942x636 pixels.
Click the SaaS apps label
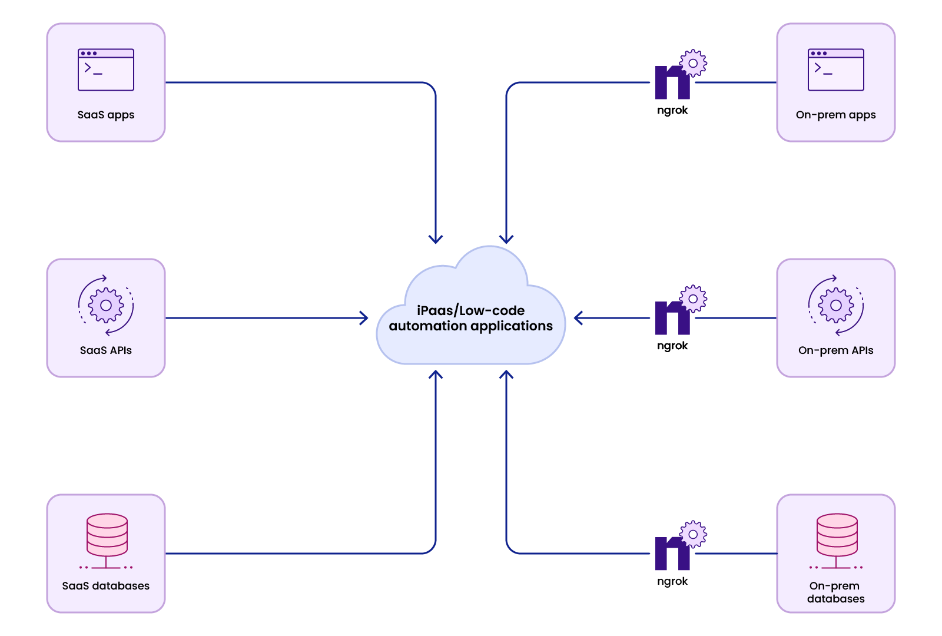click(x=106, y=115)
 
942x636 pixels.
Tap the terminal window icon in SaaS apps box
click(x=106, y=69)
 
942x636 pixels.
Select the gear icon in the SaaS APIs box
click(x=106, y=305)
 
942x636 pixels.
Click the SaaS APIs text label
click(x=106, y=350)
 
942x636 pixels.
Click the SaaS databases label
click(x=106, y=586)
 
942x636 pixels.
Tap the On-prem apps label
click(x=835, y=115)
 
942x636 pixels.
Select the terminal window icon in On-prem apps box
click(x=835, y=69)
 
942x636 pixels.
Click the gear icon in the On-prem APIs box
click(x=835, y=305)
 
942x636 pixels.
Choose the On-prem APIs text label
click(x=835, y=350)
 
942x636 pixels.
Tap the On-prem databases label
click(x=835, y=592)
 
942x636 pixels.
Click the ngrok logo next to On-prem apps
click(x=673, y=83)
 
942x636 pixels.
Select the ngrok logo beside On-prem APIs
click(x=673, y=319)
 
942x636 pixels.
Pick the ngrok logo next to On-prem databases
click(x=673, y=554)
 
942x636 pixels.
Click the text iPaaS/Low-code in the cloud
click(x=471, y=310)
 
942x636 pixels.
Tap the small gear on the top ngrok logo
click(x=693, y=63)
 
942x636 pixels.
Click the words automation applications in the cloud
click(x=471, y=326)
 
